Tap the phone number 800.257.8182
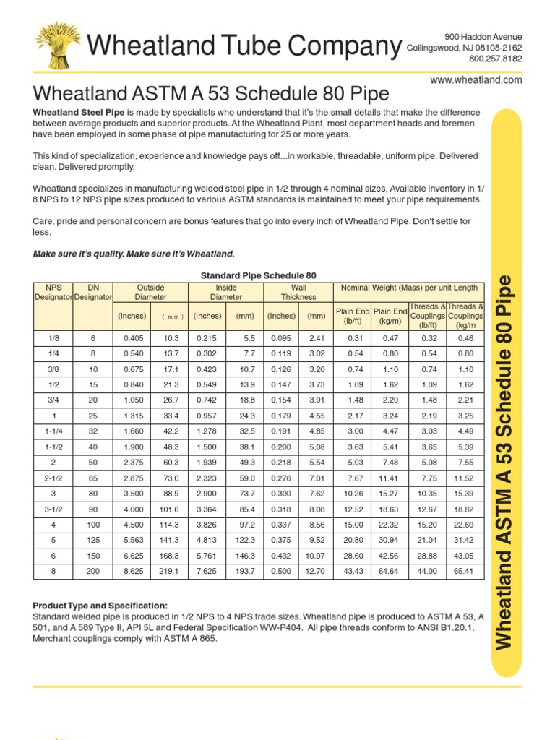click(495, 59)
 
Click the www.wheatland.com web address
click(476, 80)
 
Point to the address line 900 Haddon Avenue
click(483, 37)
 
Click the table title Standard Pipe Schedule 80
click(258, 275)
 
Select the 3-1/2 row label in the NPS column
click(54, 509)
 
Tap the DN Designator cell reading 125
click(93, 540)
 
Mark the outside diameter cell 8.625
click(134, 571)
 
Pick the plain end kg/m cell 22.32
click(389, 525)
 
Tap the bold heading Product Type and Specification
click(100, 605)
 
